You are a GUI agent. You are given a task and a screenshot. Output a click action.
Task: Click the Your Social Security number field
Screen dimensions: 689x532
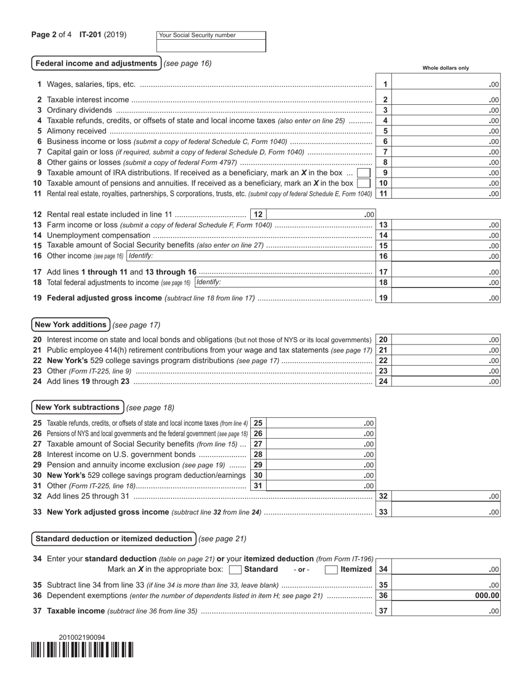[211, 45]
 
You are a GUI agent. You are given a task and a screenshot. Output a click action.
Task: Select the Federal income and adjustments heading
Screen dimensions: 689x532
[96, 63]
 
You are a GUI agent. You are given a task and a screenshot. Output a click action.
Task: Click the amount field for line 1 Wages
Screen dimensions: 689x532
[446, 85]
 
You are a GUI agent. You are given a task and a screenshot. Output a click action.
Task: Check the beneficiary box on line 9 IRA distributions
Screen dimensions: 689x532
[363, 173]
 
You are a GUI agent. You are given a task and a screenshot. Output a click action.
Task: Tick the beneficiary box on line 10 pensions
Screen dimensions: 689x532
[363, 183]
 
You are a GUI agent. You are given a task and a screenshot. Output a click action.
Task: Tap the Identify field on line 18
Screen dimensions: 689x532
[284, 282]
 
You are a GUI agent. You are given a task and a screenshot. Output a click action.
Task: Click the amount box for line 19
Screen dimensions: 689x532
[446, 298]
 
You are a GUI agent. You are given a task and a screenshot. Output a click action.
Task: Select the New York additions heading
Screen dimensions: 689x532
[71, 324]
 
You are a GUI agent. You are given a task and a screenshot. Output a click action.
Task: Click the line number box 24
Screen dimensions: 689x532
[383, 381]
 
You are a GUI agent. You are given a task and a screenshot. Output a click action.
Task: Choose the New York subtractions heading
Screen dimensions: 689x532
[77, 407]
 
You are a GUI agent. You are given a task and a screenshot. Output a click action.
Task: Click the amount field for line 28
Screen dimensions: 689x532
[320, 454]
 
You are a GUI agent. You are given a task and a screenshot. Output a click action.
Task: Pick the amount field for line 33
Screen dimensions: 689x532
[446, 511]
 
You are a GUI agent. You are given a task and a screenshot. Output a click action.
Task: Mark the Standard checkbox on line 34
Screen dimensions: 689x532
[236, 570]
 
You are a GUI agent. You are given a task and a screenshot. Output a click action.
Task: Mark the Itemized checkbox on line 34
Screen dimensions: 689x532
[332, 570]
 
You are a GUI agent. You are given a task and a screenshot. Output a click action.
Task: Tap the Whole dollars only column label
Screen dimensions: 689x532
[446, 68]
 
